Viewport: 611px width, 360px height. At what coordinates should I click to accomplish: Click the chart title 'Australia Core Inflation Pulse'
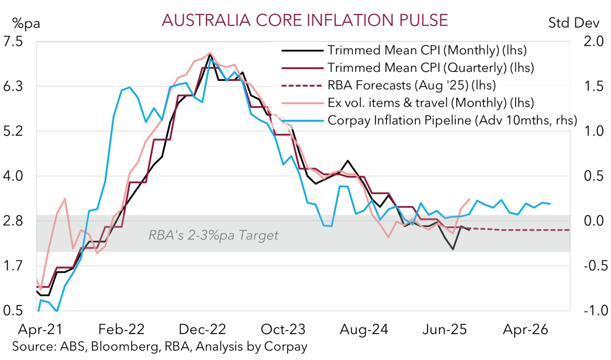click(305, 20)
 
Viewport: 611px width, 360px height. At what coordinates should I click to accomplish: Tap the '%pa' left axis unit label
click(26, 23)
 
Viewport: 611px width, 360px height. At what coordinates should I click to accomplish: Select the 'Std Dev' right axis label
click(574, 23)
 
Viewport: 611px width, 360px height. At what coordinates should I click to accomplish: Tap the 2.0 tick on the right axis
click(593, 41)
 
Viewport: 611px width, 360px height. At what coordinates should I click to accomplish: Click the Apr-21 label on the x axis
click(40, 329)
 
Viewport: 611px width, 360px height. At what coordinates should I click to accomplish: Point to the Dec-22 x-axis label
click(202, 329)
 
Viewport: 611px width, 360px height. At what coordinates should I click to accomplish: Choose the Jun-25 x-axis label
click(444, 329)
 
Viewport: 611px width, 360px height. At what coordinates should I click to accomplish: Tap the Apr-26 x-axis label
click(525, 329)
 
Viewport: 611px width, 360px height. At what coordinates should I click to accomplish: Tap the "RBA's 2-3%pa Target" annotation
click(213, 235)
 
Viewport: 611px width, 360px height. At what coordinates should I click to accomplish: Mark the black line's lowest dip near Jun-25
click(453, 249)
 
